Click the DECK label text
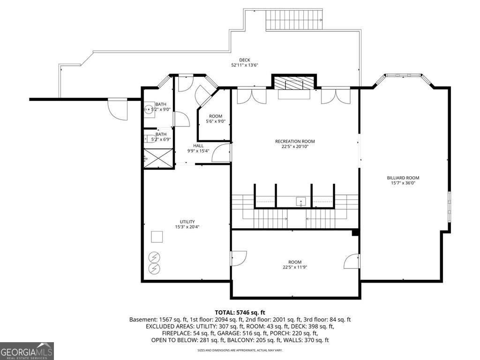(244, 60)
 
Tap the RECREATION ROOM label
(294, 141)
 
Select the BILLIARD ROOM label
(403, 178)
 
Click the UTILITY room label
(187, 222)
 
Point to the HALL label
(185, 145)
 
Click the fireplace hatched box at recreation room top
(294, 83)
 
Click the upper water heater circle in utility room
(154, 257)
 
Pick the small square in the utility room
(157, 237)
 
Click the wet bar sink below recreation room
(300, 202)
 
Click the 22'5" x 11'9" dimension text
(295, 268)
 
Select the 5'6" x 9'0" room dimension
(216, 121)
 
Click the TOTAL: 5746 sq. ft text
(240, 312)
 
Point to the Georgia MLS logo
(27, 351)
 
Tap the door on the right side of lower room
(352, 262)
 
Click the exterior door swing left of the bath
(118, 110)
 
